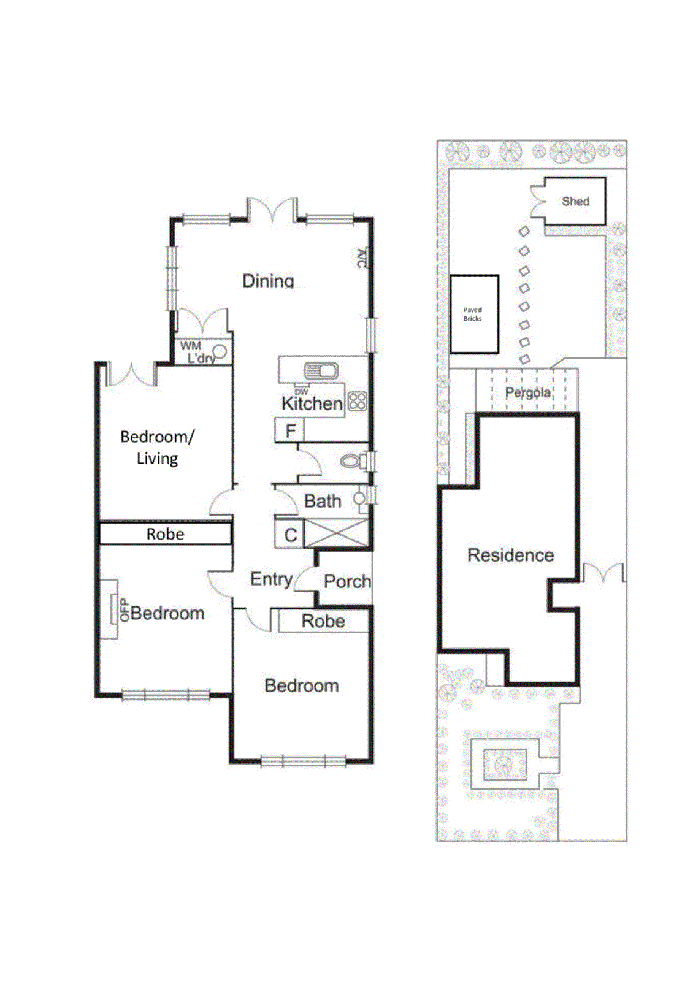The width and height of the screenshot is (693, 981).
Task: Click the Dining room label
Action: tap(268, 281)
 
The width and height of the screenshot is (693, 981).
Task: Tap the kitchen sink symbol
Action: tap(321, 371)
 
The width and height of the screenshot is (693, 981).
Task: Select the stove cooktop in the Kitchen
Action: tap(358, 402)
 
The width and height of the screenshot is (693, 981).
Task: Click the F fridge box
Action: tap(290, 431)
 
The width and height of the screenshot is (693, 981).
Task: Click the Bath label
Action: tap(323, 502)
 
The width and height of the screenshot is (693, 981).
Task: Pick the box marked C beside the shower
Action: tap(290, 535)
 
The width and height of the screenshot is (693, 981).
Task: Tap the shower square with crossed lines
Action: tap(337, 533)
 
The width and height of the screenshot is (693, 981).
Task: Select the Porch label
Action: tap(347, 581)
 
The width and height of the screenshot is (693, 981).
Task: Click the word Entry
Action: tap(271, 579)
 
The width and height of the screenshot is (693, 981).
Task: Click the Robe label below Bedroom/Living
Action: tap(165, 534)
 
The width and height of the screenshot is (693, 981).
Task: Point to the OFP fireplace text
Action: tap(124, 609)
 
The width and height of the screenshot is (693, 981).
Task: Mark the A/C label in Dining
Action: tap(361, 258)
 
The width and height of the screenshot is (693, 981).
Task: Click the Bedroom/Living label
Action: tap(157, 447)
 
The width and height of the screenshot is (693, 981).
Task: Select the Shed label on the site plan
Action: tap(575, 201)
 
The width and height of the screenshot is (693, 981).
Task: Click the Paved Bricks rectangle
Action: tap(473, 314)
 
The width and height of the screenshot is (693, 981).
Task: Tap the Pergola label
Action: tap(527, 392)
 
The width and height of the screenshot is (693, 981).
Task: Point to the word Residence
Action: tap(510, 555)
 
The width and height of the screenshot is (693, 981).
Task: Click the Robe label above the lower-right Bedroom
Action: tap(323, 621)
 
